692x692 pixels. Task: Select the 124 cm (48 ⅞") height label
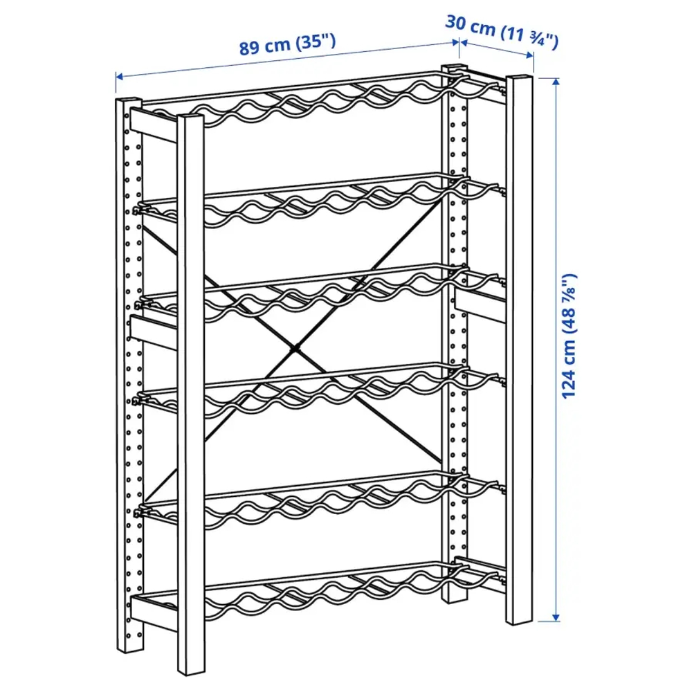pos(569,336)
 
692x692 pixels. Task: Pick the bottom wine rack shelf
pos(318,589)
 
